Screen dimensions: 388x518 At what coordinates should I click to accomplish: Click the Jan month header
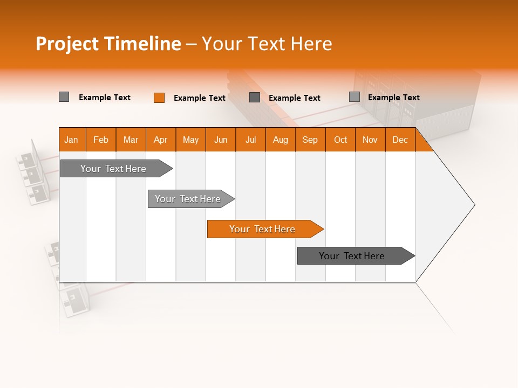click(x=72, y=140)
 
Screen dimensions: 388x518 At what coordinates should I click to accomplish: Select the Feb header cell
click(x=101, y=140)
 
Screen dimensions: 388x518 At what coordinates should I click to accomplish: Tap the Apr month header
click(x=161, y=140)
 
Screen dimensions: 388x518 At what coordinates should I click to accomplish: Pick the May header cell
click(x=190, y=140)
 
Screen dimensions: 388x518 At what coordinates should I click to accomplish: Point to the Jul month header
click(x=250, y=140)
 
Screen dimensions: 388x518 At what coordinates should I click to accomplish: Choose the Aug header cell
click(x=281, y=140)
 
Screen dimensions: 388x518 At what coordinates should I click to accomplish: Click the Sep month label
click(x=310, y=140)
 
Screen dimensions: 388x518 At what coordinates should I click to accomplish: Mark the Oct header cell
click(x=340, y=140)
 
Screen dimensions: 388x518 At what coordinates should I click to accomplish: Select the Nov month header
click(x=370, y=140)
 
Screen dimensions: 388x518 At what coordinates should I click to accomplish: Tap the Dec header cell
click(x=400, y=140)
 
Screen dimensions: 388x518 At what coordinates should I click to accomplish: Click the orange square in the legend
click(x=159, y=98)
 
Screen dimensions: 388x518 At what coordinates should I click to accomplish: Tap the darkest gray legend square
click(x=255, y=97)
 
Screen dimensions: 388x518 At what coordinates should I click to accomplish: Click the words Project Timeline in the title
click(x=108, y=44)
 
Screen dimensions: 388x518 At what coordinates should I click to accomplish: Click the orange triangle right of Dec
click(x=423, y=144)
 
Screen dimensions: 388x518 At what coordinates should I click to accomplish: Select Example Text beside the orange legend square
click(x=200, y=98)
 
